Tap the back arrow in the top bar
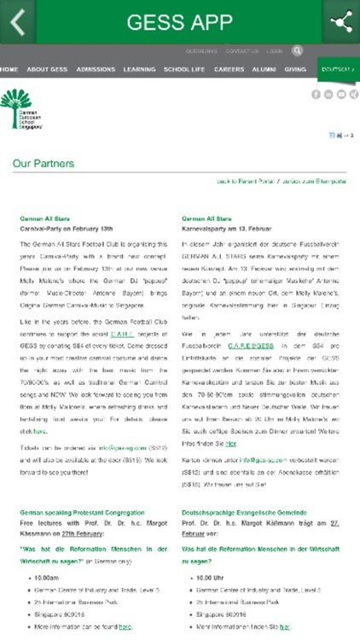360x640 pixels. (x=18, y=21)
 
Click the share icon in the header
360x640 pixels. (x=341, y=21)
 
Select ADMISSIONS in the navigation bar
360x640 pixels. (x=96, y=69)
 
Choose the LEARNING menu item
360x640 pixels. (x=139, y=69)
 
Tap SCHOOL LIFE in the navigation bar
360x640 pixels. (x=184, y=69)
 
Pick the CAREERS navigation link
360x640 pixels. (x=229, y=69)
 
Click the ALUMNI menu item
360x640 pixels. (x=264, y=69)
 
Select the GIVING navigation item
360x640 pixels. (x=295, y=69)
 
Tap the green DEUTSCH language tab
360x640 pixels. (x=338, y=69)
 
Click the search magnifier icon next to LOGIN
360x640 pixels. (x=297, y=51)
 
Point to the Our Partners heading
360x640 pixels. (x=44, y=163)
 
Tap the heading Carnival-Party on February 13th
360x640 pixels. (x=67, y=230)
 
